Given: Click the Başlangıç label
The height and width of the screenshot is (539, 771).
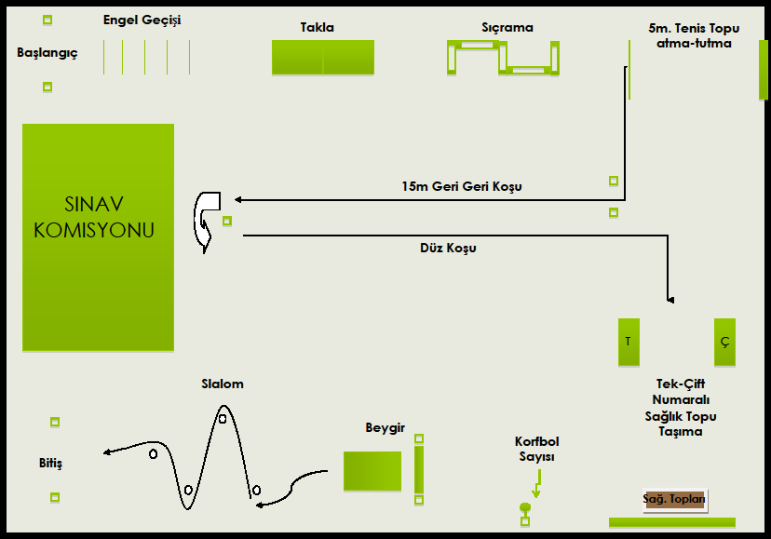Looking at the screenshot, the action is tap(47, 53).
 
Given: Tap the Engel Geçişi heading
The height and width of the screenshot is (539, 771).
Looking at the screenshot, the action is tap(142, 20).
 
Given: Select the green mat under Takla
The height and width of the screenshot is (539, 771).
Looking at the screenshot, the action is tap(323, 57).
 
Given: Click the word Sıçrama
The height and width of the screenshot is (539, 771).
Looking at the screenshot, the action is tap(507, 28).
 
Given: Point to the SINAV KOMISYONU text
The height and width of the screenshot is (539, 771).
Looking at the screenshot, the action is tap(94, 217).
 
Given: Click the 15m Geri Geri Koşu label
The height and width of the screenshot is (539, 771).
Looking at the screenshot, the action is tap(462, 186).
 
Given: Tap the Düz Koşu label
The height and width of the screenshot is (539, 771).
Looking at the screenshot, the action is tap(448, 248).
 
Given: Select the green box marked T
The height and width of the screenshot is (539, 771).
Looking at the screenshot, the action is tap(629, 342).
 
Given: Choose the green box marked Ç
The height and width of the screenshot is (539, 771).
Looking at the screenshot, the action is tap(724, 342).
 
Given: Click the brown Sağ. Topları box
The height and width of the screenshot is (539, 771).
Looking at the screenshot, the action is tap(674, 500).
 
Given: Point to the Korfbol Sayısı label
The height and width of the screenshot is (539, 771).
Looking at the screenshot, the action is tap(537, 449).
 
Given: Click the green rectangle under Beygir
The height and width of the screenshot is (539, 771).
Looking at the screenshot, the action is tap(372, 471).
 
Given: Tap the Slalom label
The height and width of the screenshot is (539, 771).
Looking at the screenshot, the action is tap(223, 384).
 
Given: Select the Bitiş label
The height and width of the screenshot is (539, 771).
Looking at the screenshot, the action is tap(50, 464).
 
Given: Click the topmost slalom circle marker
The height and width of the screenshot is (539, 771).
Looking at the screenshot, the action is tap(223, 419).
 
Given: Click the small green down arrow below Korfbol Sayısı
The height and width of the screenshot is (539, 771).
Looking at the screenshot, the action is tap(537, 483).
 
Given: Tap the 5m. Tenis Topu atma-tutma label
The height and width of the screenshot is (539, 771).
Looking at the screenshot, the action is tap(694, 35).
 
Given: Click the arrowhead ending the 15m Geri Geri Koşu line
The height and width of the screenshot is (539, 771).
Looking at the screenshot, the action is tap(238, 199).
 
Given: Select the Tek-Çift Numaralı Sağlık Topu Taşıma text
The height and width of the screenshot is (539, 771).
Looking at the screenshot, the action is tap(681, 408).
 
